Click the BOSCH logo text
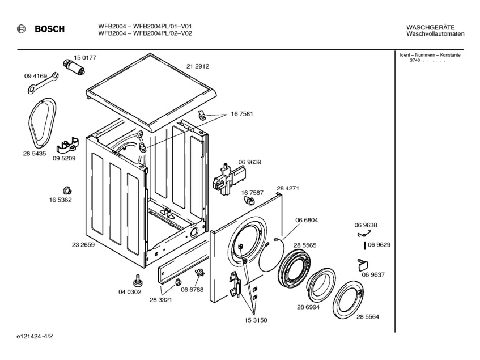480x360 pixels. (x=49, y=29)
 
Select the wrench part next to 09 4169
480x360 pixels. (x=42, y=82)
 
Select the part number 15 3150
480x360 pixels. (x=256, y=320)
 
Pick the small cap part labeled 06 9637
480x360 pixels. (x=363, y=264)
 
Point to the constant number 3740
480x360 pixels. (x=415, y=60)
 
